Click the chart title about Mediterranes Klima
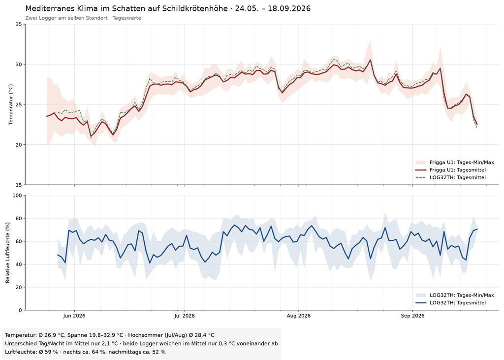coord(168,8)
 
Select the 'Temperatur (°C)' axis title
coord(11,104)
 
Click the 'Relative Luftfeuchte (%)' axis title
coord(8,253)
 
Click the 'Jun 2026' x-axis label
coord(74,316)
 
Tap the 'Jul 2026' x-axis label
coord(185,316)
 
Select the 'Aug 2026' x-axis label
coord(299,316)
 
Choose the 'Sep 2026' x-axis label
coord(412,316)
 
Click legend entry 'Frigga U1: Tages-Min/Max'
coord(462,163)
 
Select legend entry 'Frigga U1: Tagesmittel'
coord(457,170)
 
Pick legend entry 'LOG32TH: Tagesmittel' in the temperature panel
coord(457,177)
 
